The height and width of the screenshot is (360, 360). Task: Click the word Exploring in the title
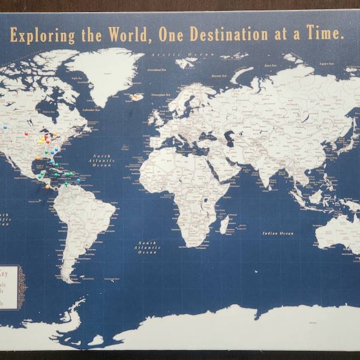click(43, 35)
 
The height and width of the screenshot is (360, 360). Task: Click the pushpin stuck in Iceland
click(136, 95)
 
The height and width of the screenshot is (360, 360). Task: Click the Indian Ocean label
click(279, 233)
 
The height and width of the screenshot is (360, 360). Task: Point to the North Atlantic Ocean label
click(102, 160)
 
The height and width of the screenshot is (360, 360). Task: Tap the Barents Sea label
click(220, 76)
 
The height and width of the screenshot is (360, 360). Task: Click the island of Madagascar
click(224, 225)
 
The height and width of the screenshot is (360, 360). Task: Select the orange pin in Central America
click(47, 187)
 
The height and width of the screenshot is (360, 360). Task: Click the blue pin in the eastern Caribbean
click(78, 180)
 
